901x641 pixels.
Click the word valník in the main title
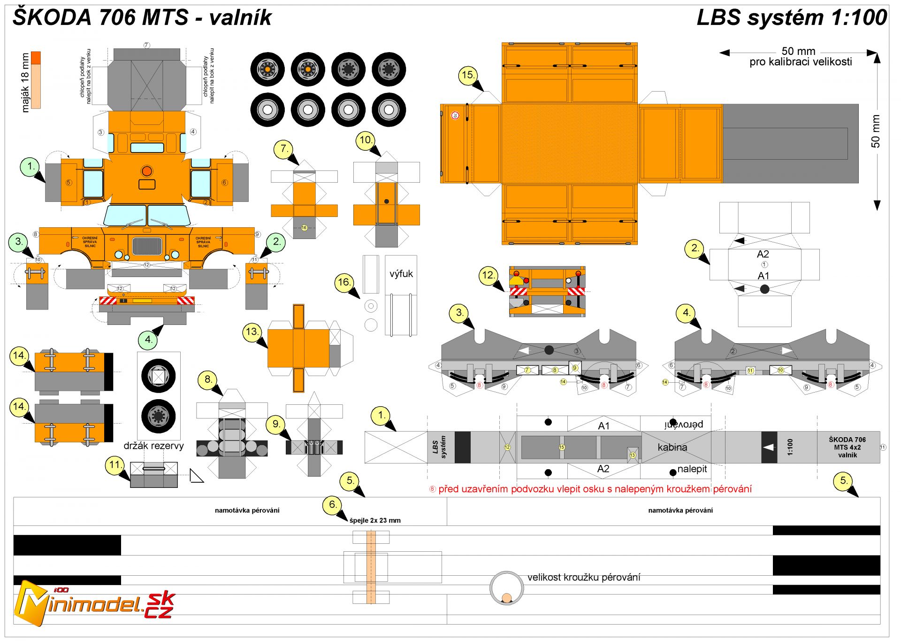(x=240, y=18)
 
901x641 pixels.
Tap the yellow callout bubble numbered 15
(x=468, y=75)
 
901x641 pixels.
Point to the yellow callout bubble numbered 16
(x=344, y=282)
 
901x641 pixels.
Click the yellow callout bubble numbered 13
(x=252, y=332)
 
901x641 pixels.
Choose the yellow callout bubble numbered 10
(x=365, y=140)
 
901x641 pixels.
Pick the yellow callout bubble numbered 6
(x=332, y=505)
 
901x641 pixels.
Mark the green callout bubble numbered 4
(x=148, y=340)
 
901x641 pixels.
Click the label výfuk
(x=401, y=274)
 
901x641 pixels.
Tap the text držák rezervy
(x=153, y=446)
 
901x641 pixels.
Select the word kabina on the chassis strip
(x=672, y=447)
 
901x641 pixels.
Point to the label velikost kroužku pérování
(x=583, y=577)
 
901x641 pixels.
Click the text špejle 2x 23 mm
(x=375, y=520)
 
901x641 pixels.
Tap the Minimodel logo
(x=94, y=603)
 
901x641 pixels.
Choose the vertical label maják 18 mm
(x=25, y=82)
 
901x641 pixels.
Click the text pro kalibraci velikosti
(x=800, y=62)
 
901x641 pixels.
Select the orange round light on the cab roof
(x=147, y=170)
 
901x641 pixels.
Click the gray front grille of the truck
(x=147, y=246)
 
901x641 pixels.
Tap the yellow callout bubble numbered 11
(x=115, y=465)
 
